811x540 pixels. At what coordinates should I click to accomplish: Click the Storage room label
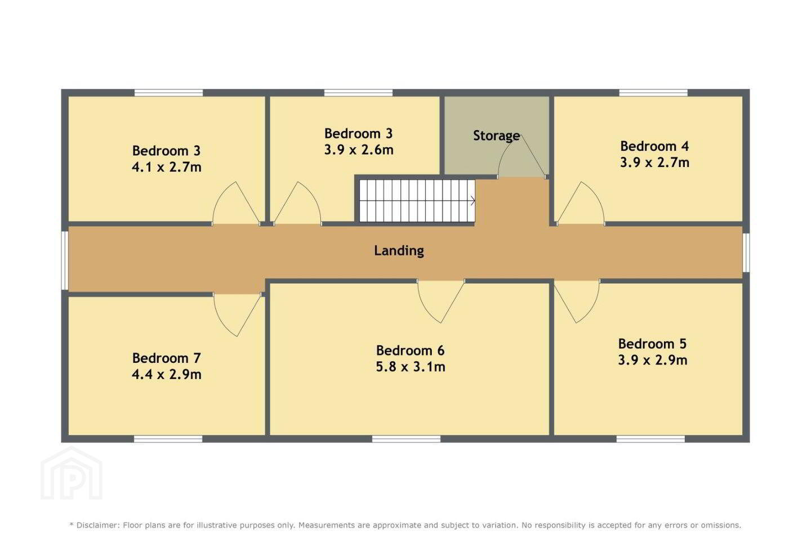pos(496,136)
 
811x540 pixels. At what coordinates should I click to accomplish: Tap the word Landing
pos(399,251)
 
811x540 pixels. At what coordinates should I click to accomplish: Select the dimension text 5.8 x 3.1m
pos(411,367)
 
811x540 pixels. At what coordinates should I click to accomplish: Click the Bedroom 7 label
pos(167,358)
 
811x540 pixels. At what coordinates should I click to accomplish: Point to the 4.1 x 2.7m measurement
pos(167,167)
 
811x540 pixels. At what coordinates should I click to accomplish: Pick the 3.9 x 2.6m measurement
pos(359,150)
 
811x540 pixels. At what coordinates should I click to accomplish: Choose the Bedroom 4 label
pos(654,146)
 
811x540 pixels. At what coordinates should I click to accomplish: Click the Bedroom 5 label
pos(652,344)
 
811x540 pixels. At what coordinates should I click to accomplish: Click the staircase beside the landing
pos(417,201)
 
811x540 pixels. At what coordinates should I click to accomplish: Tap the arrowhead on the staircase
pos(473,201)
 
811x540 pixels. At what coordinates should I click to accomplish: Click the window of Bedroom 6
pos(406,439)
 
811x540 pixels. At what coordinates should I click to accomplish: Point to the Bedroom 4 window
pos(653,93)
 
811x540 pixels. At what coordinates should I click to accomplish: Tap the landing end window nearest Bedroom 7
pos(64,260)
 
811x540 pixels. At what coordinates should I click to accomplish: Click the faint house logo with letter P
pos(72,473)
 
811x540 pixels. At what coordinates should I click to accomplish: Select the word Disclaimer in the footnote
pos(97,525)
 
